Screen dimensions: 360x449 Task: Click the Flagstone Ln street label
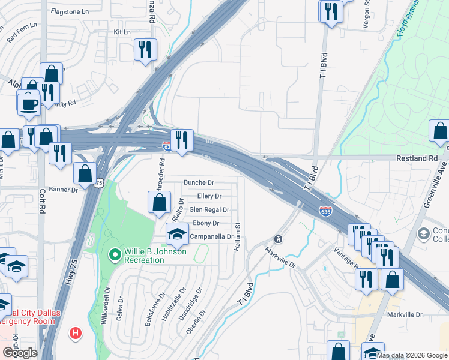point(70,11)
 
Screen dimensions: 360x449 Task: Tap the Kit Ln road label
point(122,32)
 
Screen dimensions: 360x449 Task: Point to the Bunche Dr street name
point(199,182)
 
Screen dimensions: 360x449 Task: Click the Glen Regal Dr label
point(209,209)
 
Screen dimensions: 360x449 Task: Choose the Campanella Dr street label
point(211,237)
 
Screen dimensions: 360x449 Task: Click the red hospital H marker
point(75,332)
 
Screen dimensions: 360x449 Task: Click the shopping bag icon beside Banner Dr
point(85,173)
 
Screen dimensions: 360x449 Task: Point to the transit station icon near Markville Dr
point(278,239)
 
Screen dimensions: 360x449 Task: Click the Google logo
point(20,353)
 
